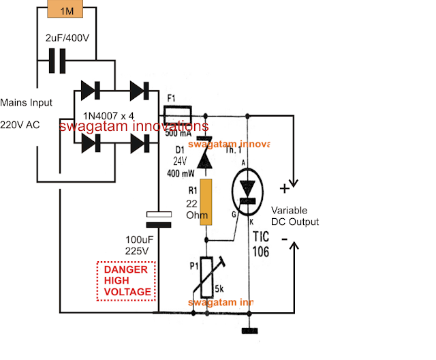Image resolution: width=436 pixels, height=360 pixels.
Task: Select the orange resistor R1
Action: tap(205, 202)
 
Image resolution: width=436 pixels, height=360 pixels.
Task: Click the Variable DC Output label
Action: tap(294, 215)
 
